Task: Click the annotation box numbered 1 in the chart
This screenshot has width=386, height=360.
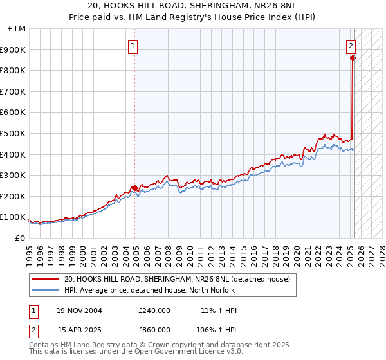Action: click(132, 46)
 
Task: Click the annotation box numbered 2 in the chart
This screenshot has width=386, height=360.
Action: click(351, 46)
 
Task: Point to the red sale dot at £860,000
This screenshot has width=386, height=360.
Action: click(353, 59)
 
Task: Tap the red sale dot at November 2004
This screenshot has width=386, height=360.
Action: click(134, 188)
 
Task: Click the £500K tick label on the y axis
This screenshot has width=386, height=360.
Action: click(14, 133)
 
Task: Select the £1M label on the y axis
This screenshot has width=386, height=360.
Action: click(17, 29)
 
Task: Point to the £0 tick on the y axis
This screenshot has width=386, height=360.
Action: click(21, 238)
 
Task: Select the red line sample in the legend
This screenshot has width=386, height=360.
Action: click(46, 280)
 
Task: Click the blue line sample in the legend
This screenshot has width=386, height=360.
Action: click(46, 290)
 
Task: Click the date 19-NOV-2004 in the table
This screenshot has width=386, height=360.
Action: click(79, 310)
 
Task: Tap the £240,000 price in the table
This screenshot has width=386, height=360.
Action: click(154, 310)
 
